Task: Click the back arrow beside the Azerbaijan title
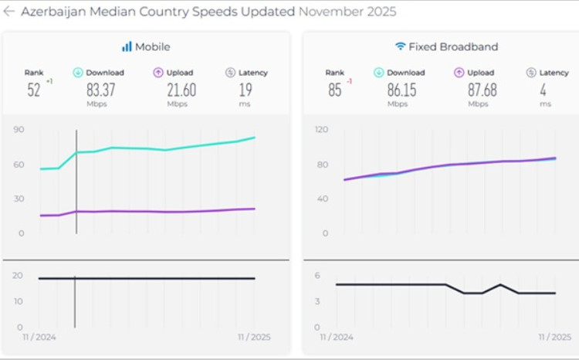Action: [x=9, y=12]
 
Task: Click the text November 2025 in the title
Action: [x=347, y=12]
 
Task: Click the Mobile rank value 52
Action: [x=33, y=90]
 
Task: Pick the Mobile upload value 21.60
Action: [x=181, y=90]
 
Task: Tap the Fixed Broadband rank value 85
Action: [x=334, y=90]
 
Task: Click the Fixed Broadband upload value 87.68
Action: [x=482, y=90]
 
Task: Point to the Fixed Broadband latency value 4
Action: [x=545, y=90]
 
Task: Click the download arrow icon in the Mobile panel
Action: [x=78, y=73]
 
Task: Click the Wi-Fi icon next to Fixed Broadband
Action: [x=400, y=46]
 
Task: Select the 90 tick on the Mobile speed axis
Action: [x=19, y=130]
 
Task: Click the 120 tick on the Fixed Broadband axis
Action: [x=322, y=130]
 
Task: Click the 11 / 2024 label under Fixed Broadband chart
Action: [x=337, y=338]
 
